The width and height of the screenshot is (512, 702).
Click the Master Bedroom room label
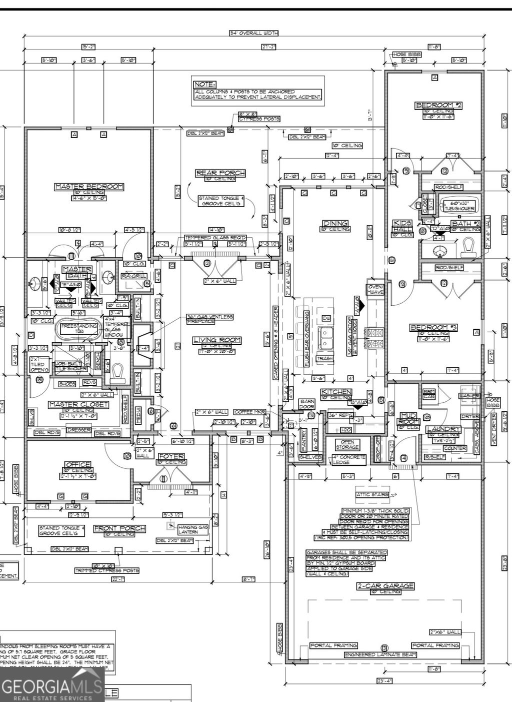(x=89, y=187)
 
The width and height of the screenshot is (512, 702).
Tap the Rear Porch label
(x=220, y=173)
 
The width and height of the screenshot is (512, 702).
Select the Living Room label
(x=217, y=340)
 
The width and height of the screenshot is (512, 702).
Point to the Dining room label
(x=335, y=223)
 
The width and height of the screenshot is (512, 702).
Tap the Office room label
(x=77, y=464)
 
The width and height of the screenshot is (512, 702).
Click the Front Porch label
(x=120, y=528)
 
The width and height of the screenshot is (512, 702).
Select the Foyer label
(x=171, y=456)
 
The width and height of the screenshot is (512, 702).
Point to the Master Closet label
(x=78, y=404)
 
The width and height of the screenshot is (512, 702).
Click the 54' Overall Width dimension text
(x=253, y=34)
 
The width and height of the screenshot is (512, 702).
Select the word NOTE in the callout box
(x=204, y=85)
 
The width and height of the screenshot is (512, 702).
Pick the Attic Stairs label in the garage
(x=372, y=494)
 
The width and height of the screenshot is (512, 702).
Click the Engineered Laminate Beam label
(x=380, y=654)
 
